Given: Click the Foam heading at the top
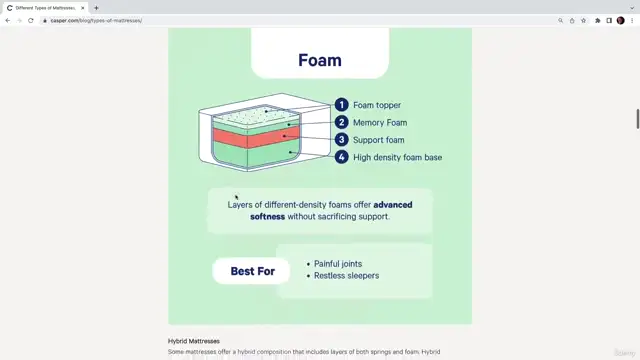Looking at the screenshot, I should [x=319, y=60].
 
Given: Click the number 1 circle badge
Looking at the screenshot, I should [x=341, y=105].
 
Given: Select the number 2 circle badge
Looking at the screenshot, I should [x=341, y=122].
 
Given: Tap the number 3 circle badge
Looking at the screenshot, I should [x=341, y=140].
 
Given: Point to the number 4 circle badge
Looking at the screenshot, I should [x=341, y=157].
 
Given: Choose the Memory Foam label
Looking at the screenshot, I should [x=379, y=122].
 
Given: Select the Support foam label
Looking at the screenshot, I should [x=378, y=140].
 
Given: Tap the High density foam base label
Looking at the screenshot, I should [x=397, y=157].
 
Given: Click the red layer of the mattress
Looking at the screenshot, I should [x=250, y=138].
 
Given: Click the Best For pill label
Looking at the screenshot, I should [x=252, y=271].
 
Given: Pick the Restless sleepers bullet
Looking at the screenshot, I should [x=346, y=276].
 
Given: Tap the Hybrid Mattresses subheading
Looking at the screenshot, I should [x=193, y=341].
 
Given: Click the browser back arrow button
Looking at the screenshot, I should [x=8, y=20].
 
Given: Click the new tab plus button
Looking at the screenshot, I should [x=96, y=7].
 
